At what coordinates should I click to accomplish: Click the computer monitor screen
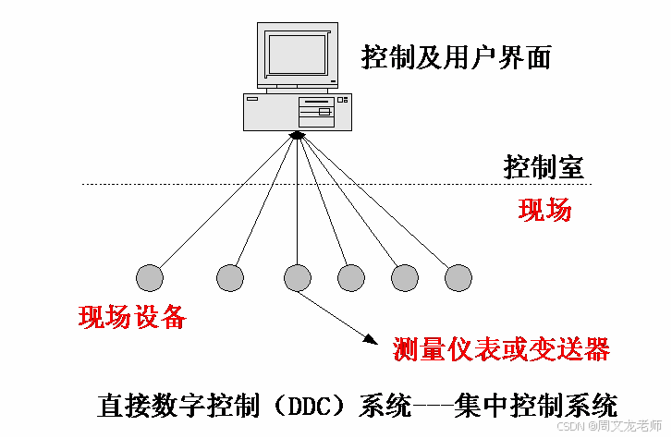[x=297, y=54]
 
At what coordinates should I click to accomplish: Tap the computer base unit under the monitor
[x=297, y=112]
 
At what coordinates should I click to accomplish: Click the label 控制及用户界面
[x=457, y=58]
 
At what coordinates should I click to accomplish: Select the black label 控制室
[x=544, y=168]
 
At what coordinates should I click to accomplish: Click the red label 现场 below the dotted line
[x=545, y=210]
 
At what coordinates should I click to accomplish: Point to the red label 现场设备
[x=133, y=317]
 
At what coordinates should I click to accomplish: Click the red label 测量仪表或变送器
[x=501, y=348]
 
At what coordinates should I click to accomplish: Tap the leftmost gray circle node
[x=149, y=276]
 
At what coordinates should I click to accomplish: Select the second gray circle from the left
[x=229, y=276]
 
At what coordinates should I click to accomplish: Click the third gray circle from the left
[x=297, y=276]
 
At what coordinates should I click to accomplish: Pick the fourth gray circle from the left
[x=351, y=276]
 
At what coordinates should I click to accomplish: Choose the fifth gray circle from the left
[x=405, y=276]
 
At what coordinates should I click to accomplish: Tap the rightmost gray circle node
[x=458, y=276]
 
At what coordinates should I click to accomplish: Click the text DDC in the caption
[x=319, y=406]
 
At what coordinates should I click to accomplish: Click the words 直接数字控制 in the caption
[x=171, y=406]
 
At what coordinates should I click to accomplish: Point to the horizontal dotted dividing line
[x=277, y=185]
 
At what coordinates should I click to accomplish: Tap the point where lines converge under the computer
[x=297, y=136]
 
